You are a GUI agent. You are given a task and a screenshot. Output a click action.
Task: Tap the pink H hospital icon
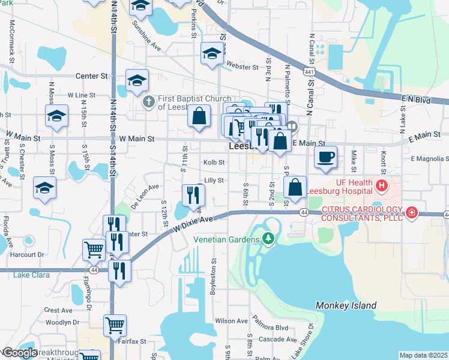381,187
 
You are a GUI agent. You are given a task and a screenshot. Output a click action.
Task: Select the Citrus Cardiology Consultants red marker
412,212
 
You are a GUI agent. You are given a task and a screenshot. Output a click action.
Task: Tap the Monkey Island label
346,305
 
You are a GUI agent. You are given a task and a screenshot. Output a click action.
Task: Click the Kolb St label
214,162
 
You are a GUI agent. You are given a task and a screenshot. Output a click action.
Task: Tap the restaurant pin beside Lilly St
193,194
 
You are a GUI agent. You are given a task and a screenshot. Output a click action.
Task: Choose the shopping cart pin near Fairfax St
115,326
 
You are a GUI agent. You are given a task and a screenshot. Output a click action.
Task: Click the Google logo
20,353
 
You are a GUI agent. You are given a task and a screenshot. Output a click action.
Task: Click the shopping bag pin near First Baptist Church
199,116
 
